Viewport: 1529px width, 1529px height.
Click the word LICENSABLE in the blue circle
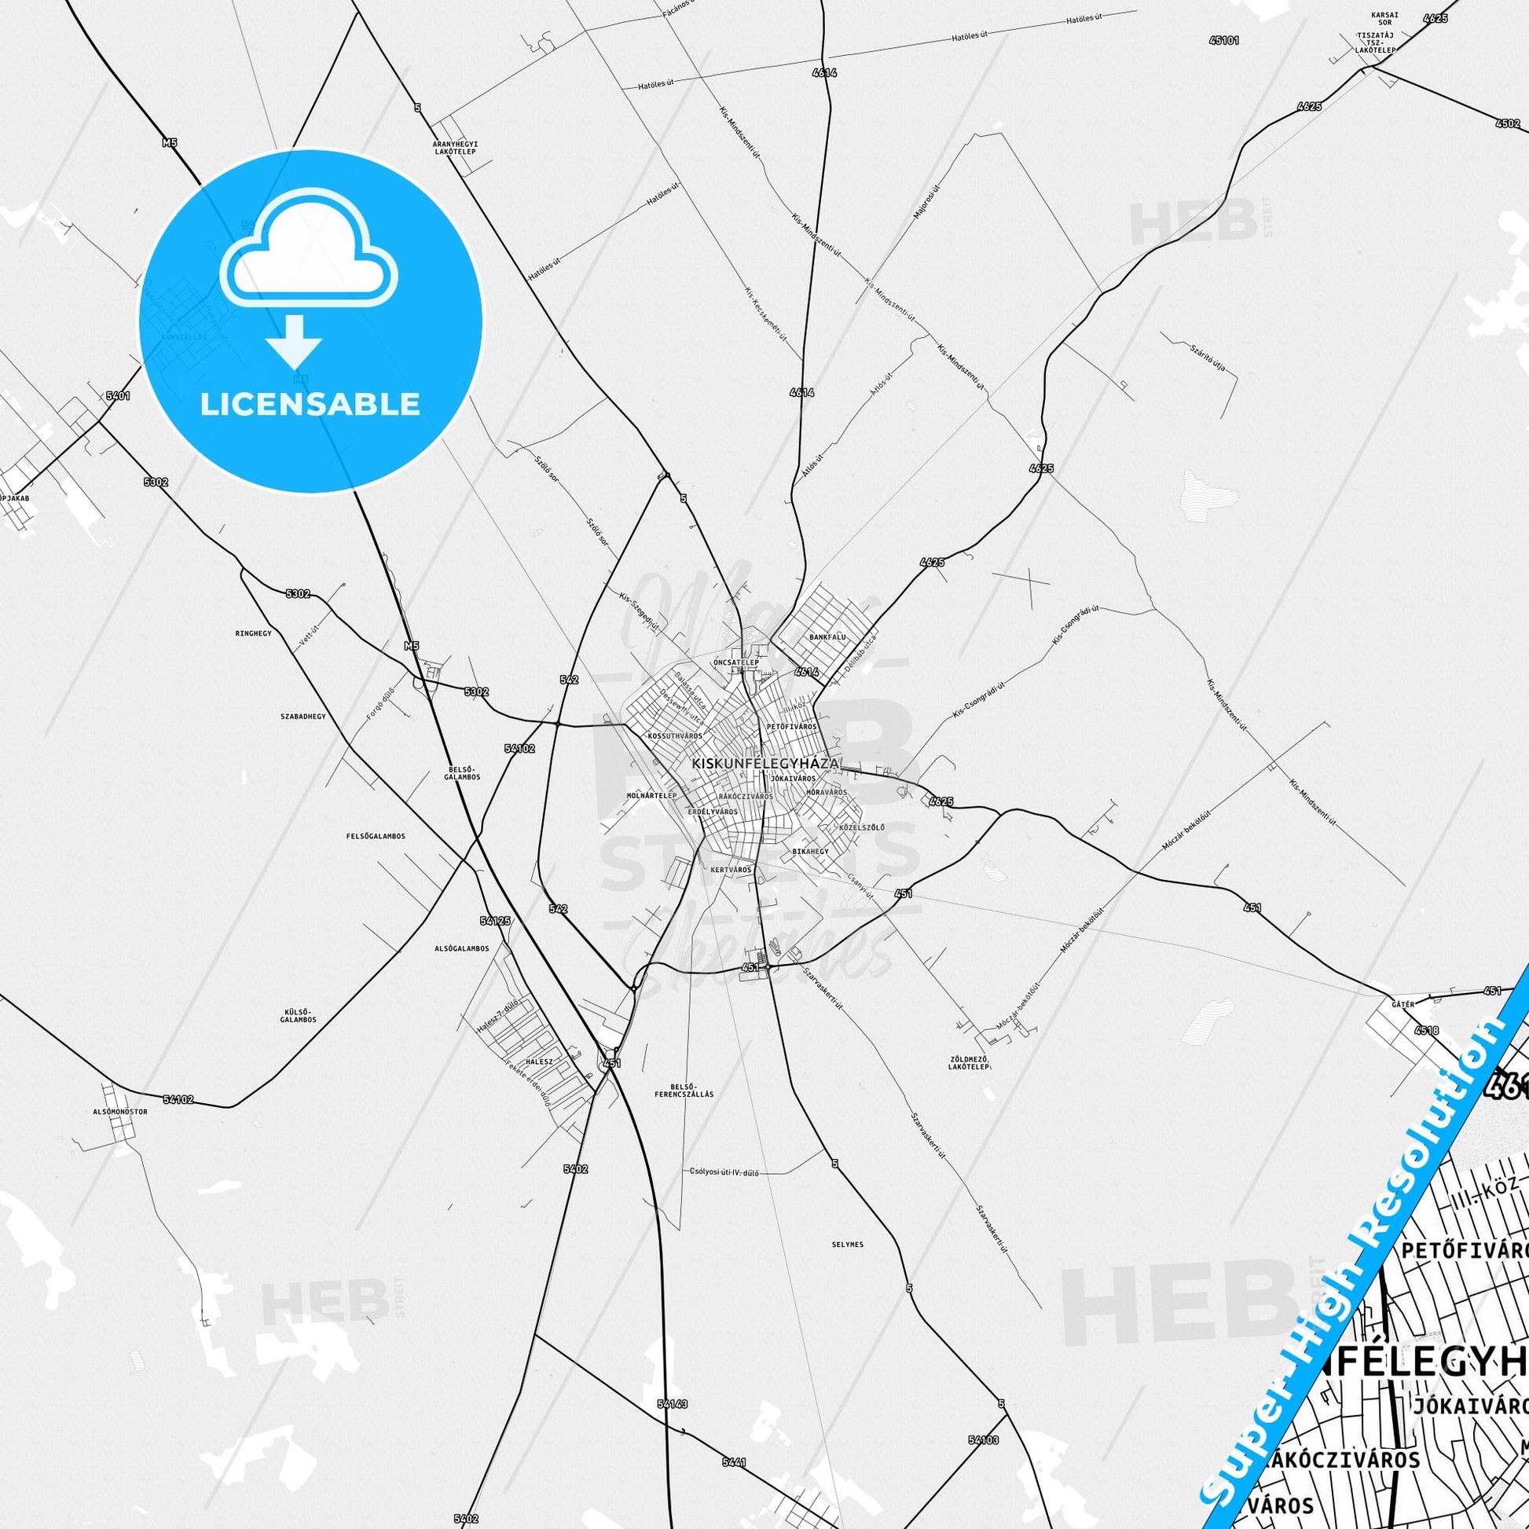click(x=310, y=404)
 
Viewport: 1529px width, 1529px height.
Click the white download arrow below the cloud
click(x=293, y=340)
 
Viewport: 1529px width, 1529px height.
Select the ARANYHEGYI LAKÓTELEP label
click(x=455, y=147)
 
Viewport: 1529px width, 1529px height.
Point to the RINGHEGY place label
click(x=253, y=633)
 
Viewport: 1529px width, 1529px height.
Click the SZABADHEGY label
click(x=302, y=717)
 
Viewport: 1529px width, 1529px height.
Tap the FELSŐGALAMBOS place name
click(x=376, y=836)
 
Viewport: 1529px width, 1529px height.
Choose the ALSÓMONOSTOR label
click(x=119, y=1111)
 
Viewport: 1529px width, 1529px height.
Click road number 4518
click(x=1427, y=1031)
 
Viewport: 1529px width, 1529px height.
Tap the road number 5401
click(x=117, y=395)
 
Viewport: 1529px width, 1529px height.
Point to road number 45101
click(x=1223, y=39)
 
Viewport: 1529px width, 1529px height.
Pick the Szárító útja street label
click(x=1208, y=359)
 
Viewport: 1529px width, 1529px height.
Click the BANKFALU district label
click(x=828, y=636)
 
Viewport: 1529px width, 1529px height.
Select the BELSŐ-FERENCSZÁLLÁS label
click(x=684, y=1090)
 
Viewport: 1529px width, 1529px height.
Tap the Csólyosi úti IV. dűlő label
click(x=724, y=1173)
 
